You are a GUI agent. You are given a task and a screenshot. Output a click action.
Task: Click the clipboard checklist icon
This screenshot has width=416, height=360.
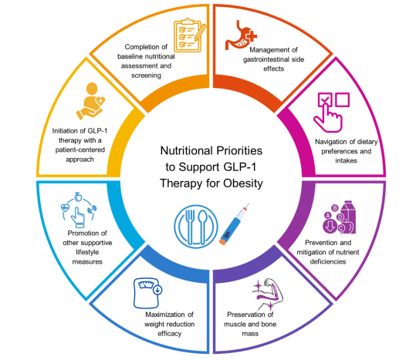tap(190, 35)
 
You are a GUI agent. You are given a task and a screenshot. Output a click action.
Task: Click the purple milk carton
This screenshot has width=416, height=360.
tap(348, 217)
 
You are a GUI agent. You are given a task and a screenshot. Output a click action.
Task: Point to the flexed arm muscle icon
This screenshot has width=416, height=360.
tap(269, 294)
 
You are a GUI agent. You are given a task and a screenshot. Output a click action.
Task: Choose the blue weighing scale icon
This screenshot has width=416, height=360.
tap(147, 293)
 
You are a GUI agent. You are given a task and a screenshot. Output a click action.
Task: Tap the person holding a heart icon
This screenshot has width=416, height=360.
tap(91, 101)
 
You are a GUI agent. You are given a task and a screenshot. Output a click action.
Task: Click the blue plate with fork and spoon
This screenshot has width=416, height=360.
tap(196, 227)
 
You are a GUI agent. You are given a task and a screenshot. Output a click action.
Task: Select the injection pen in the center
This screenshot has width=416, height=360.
tap(234, 224)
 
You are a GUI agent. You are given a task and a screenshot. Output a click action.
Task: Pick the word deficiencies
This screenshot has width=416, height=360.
tap(328, 262)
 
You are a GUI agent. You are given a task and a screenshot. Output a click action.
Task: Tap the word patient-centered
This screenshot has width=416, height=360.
tap(79, 150)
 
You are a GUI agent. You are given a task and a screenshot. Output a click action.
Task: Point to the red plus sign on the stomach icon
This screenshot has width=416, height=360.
tap(251, 35)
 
